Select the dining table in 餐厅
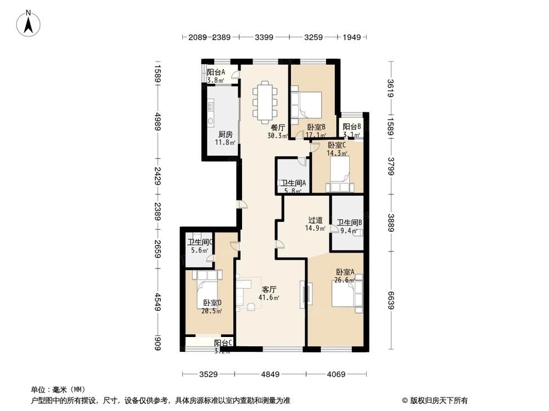(x=265, y=101)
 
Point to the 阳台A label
(x=216, y=72)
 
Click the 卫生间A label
(x=293, y=184)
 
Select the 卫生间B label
(x=349, y=222)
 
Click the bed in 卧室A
(x=346, y=296)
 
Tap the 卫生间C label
(x=200, y=242)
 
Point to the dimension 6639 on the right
(x=390, y=300)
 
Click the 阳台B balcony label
(x=351, y=127)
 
